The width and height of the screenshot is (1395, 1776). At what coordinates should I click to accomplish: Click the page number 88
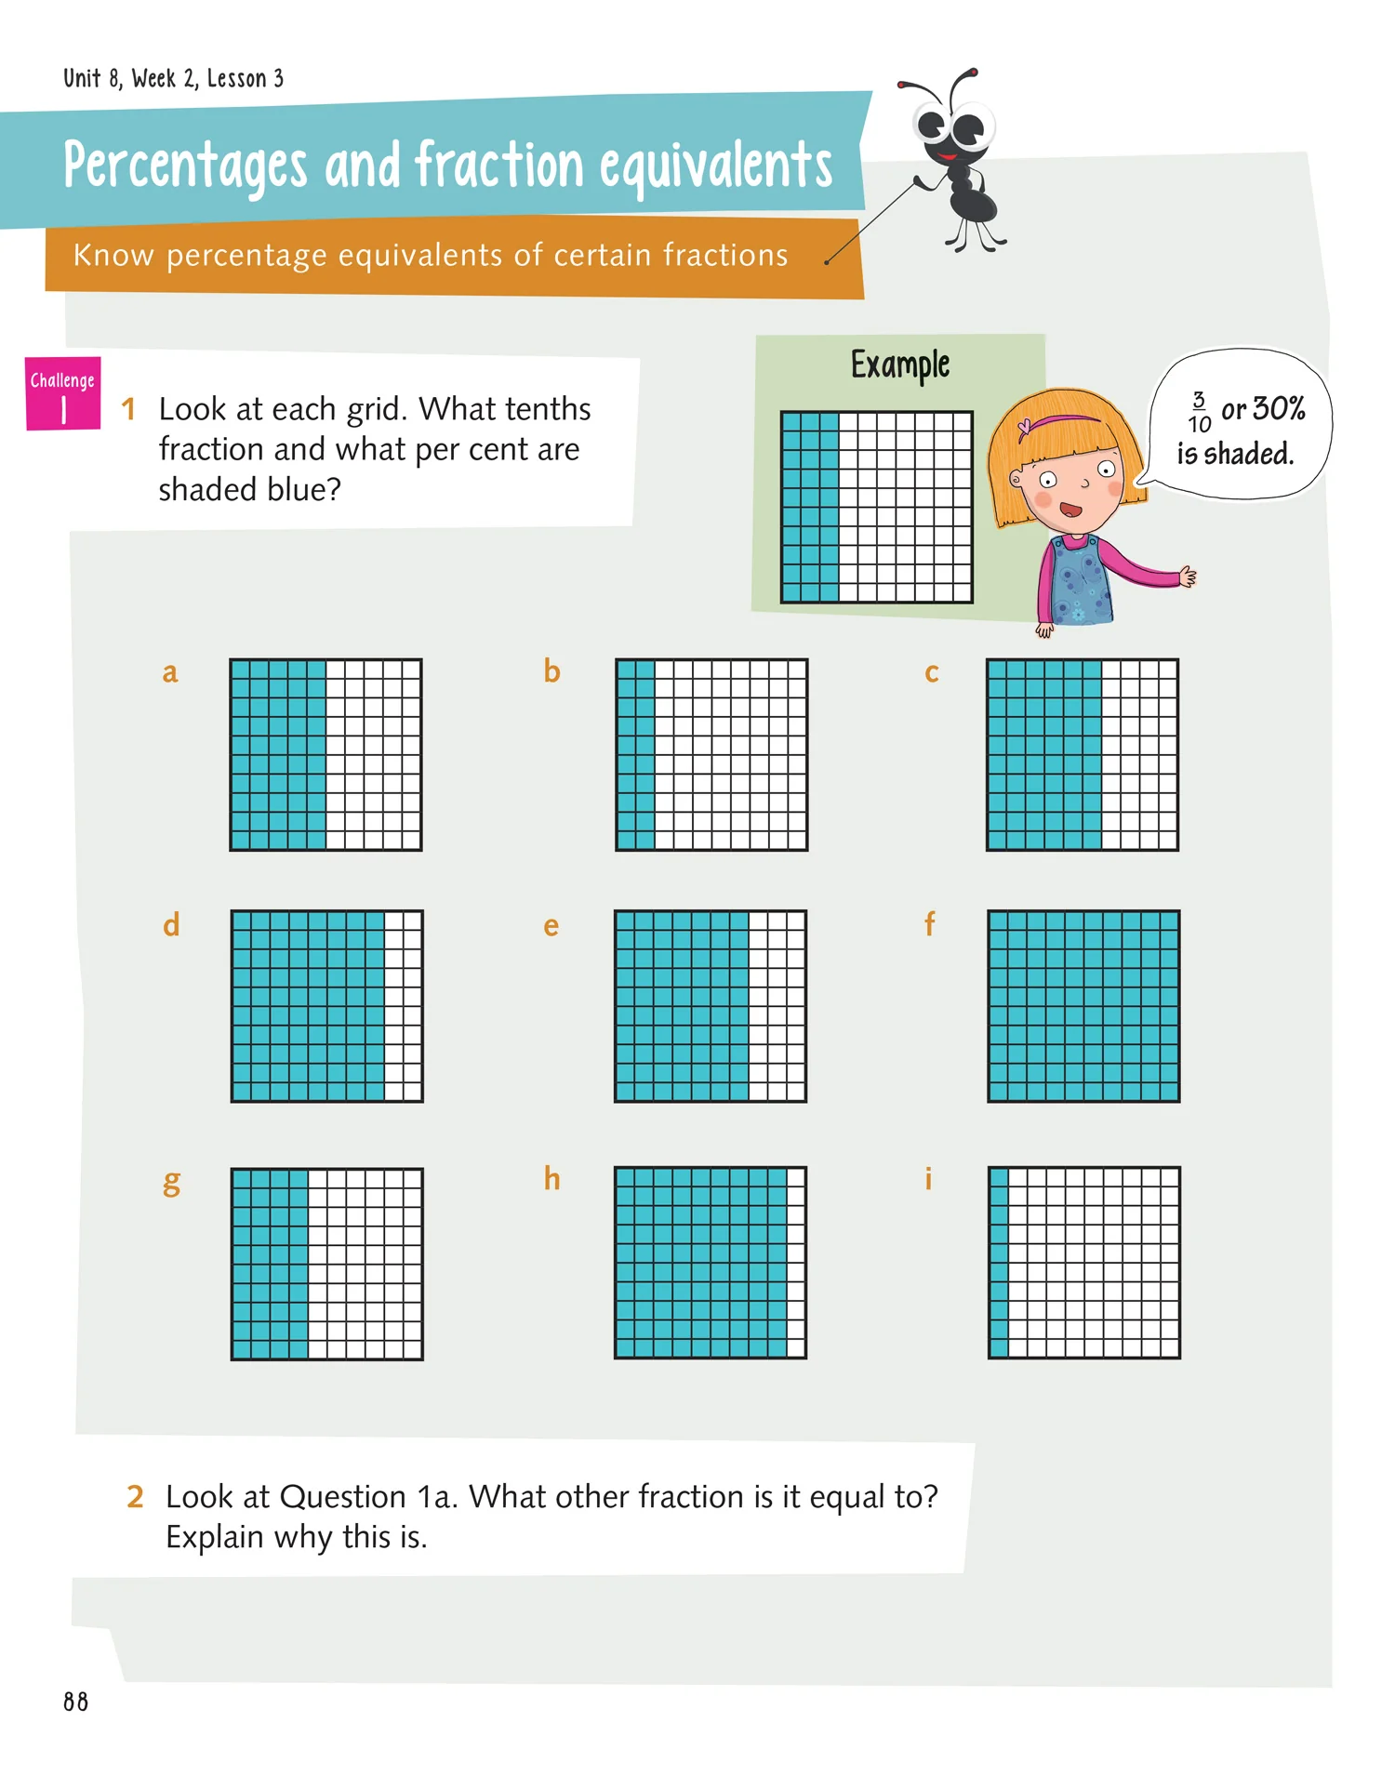(76, 1702)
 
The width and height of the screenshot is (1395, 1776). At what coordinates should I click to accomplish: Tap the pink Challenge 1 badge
(63, 394)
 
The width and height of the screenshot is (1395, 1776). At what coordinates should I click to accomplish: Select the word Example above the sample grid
(900, 365)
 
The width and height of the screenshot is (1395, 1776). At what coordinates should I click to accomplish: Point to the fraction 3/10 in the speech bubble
(1199, 412)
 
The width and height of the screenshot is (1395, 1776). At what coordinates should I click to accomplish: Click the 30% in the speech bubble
(1279, 408)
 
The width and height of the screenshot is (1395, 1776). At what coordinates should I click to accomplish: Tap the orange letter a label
(169, 672)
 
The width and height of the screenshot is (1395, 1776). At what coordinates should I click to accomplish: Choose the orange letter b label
(551, 670)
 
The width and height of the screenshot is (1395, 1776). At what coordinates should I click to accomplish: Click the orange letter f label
(929, 923)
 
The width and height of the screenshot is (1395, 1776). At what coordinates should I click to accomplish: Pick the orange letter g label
(171, 1184)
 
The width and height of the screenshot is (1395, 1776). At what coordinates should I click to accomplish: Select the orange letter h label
(551, 1178)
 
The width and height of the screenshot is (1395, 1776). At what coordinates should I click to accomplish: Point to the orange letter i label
(928, 1178)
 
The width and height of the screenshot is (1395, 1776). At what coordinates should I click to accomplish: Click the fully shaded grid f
(1083, 1006)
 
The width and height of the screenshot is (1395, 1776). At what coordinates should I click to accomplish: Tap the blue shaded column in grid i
(999, 1263)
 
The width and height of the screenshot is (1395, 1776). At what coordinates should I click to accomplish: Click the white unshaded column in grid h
(796, 1263)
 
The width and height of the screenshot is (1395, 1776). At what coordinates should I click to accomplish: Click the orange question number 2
(136, 1496)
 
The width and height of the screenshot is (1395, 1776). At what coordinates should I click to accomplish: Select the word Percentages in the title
(185, 166)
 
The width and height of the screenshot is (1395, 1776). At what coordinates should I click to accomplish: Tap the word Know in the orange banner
(113, 255)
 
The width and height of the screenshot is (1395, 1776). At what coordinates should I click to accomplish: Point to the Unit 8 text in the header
(92, 78)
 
